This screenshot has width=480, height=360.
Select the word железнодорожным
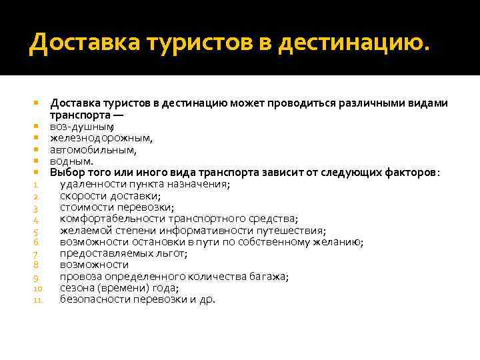101,139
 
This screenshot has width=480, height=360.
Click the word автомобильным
93,150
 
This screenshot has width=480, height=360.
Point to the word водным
72,161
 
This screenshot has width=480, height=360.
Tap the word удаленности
91,185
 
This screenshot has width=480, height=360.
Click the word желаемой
82,231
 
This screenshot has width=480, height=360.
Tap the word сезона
76,288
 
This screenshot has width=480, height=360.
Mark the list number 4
37,219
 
